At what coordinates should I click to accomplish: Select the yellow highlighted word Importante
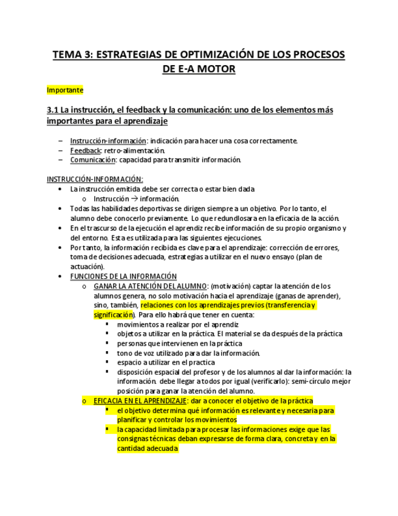point(65,89)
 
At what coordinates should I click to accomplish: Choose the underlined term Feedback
point(85,150)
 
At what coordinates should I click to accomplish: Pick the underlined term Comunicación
point(92,160)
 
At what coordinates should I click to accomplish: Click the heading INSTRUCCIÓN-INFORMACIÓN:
point(95,179)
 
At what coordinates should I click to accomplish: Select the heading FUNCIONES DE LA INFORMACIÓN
point(123,276)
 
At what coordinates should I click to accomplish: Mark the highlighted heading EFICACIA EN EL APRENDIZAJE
point(140,401)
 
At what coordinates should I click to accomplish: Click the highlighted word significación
point(113,315)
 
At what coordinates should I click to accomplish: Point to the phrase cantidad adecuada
point(148,448)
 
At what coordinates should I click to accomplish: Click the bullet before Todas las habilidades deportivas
point(59,208)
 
